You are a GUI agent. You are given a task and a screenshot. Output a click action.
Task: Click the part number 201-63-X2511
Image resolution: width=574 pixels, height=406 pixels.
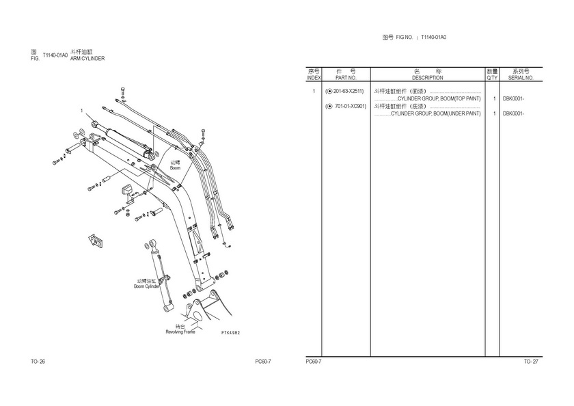click(x=348, y=91)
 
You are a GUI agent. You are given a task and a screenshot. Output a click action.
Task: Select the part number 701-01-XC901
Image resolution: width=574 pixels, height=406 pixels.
click(x=351, y=107)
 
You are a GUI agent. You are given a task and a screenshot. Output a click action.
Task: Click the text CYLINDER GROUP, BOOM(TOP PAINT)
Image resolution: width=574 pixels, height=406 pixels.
click(x=439, y=99)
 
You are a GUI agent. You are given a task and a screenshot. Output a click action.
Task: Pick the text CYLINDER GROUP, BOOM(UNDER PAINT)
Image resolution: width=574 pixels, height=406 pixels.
click(x=436, y=114)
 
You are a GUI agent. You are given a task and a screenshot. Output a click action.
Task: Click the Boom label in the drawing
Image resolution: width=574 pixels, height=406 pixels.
click(x=176, y=168)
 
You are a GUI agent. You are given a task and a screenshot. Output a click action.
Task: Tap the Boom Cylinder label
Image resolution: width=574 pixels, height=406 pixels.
click(x=146, y=286)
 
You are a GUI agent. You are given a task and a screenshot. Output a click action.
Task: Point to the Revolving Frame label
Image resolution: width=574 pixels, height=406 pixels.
click(x=180, y=332)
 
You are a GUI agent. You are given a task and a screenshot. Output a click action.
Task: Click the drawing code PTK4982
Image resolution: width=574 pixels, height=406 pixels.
click(x=231, y=333)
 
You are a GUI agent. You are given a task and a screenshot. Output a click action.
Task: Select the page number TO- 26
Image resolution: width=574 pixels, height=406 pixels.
click(x=38, y=362)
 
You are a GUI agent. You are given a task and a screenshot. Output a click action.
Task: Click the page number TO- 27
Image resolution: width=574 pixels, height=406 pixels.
click(x=531, y=362)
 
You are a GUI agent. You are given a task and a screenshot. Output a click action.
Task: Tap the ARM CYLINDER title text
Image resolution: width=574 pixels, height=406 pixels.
click(x=87, y=59)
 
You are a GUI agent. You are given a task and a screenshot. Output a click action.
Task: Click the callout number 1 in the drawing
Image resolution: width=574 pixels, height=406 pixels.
click(x=81, y=111)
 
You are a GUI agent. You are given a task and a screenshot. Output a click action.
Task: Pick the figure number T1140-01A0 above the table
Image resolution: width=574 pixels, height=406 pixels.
click(x=433, y=38)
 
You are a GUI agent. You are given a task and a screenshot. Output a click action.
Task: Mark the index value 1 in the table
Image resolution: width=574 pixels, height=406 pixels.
click(x=314, y=91)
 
